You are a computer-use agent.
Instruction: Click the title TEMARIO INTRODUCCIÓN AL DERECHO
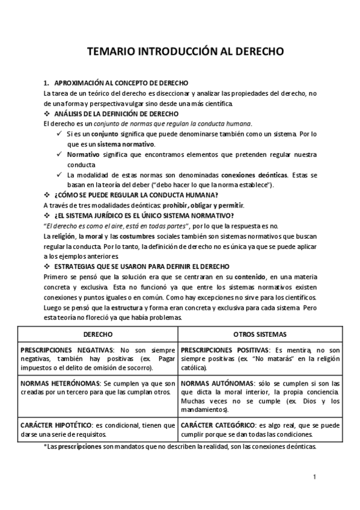180,53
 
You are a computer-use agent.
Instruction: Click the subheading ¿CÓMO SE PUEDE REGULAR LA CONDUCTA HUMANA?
136,195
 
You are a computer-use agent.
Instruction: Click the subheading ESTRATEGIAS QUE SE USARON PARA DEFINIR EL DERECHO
141,266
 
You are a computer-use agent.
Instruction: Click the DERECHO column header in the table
97,333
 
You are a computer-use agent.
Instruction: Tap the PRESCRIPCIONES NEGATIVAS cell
97,358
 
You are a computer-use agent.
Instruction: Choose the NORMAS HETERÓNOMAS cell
97,388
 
